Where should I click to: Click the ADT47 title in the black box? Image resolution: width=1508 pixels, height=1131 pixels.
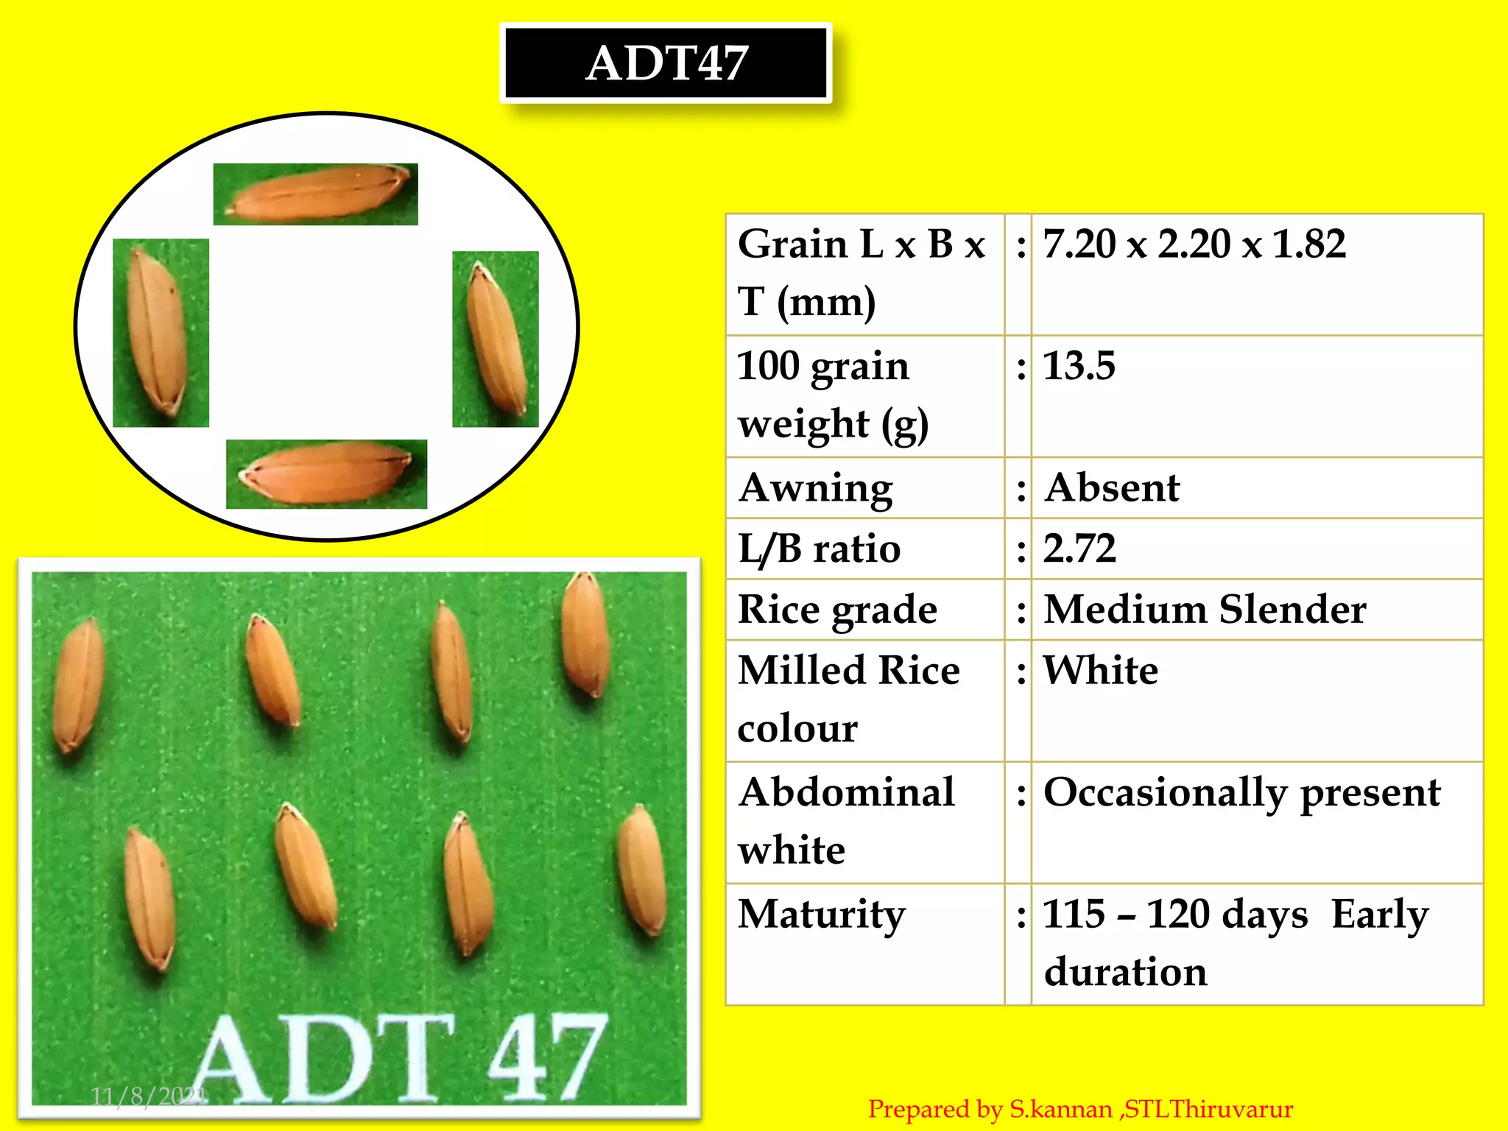click(666, 63)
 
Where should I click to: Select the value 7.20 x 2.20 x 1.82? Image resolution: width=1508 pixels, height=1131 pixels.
click(1194, 244)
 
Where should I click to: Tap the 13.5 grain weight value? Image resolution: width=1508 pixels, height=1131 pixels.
click(1079, 366)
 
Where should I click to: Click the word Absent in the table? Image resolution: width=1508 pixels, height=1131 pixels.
click(1112, 488)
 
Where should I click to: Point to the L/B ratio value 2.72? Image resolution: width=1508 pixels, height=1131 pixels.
click(1079, 549)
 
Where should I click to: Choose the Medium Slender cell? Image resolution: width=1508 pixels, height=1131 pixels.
click(1205, 610)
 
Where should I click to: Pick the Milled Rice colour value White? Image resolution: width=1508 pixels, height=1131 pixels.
click(1101, 671)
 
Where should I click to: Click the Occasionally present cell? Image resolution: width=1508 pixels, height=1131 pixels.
click(1241, 793)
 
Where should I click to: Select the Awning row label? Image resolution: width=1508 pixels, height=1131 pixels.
click(816, 488)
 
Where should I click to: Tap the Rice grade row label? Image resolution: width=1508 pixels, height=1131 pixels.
click(837, 610)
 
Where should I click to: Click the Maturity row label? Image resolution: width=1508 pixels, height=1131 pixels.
click(822, 915)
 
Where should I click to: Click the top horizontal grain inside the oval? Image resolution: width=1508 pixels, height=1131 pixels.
click(317, 194)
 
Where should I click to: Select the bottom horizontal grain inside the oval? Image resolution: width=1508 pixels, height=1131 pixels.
click(326, 474)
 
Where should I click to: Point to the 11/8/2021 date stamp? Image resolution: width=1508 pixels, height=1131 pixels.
click(148, 1096)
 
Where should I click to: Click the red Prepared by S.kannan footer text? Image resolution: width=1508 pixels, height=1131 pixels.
click(1080, 1109)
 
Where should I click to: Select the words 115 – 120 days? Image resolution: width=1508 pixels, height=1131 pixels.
click(1175, 915)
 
